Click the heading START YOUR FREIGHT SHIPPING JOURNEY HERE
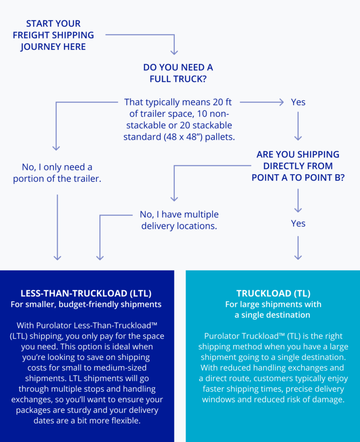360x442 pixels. click(x=53, y=35)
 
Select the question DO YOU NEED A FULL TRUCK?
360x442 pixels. click(x=178, y=73)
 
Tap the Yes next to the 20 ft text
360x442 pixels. click(x=298, y=102)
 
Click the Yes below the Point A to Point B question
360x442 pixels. click(x=298, y=223)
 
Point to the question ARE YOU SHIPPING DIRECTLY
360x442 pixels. click(x=298, y=166)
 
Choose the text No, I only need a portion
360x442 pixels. click(x=57, y=173)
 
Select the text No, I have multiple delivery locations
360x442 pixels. click(x=179, y=220)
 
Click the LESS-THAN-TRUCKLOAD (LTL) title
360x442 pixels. click(x=86, y=293)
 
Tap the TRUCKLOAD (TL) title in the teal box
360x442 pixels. click(x=273, y=293)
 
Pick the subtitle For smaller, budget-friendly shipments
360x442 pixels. click(x=86, y=305)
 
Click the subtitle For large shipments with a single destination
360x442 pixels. click(x=273, y=309)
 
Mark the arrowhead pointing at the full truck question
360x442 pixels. click(x=174, y=52)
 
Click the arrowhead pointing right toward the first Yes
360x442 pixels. click(x=281, y=102)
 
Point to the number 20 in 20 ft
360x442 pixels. click(x=217, y=102)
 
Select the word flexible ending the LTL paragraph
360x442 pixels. click(x=126, y=420)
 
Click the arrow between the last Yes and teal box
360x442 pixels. click(x=298, y=248)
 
